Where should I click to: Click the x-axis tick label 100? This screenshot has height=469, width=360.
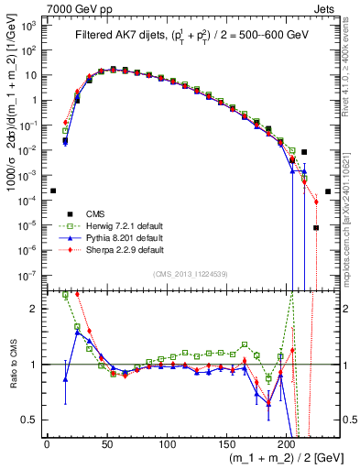[x=167, y=443]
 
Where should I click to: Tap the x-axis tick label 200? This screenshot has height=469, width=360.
[x=287, y=443]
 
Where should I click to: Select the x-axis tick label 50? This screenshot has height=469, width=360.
[x=106, y=443]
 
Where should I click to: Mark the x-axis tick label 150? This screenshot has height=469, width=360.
[x=226, y=443]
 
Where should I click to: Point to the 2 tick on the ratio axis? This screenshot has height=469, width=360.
[x=35, y=309]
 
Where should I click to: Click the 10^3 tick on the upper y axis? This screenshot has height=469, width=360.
[x=29, y=26]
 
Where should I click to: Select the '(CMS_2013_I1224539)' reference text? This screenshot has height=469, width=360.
[x=189, y=273]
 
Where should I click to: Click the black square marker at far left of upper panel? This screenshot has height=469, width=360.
[x=53, y=191]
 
